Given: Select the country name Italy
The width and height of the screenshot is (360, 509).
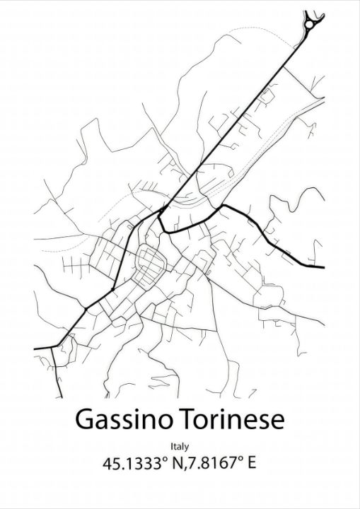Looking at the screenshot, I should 180,447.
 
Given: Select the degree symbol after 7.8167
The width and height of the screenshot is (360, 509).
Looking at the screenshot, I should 236,460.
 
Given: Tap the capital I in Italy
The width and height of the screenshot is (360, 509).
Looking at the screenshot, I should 172,447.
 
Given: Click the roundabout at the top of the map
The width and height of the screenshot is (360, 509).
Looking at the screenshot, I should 310,25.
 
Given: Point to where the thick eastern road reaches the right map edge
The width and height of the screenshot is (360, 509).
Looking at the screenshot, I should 323,267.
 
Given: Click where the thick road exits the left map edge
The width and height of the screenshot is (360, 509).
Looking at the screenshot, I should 36,349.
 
